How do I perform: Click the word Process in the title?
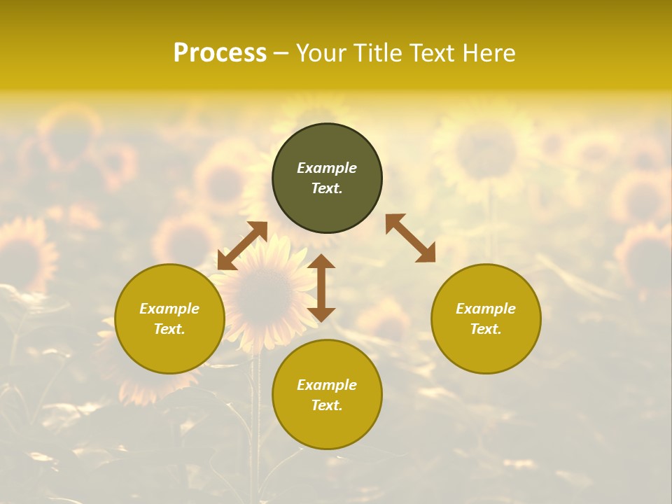(220, 53)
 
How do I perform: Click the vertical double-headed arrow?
(321, 288)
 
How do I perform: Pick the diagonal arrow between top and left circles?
(242, 246)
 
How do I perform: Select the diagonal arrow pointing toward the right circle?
(410, 238)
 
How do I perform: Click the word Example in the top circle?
(327, 168)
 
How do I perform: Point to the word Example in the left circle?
(169, 309)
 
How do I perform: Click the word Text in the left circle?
(169, 329)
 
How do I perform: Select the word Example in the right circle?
(486, 309)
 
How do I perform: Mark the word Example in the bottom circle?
(327, 385)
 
